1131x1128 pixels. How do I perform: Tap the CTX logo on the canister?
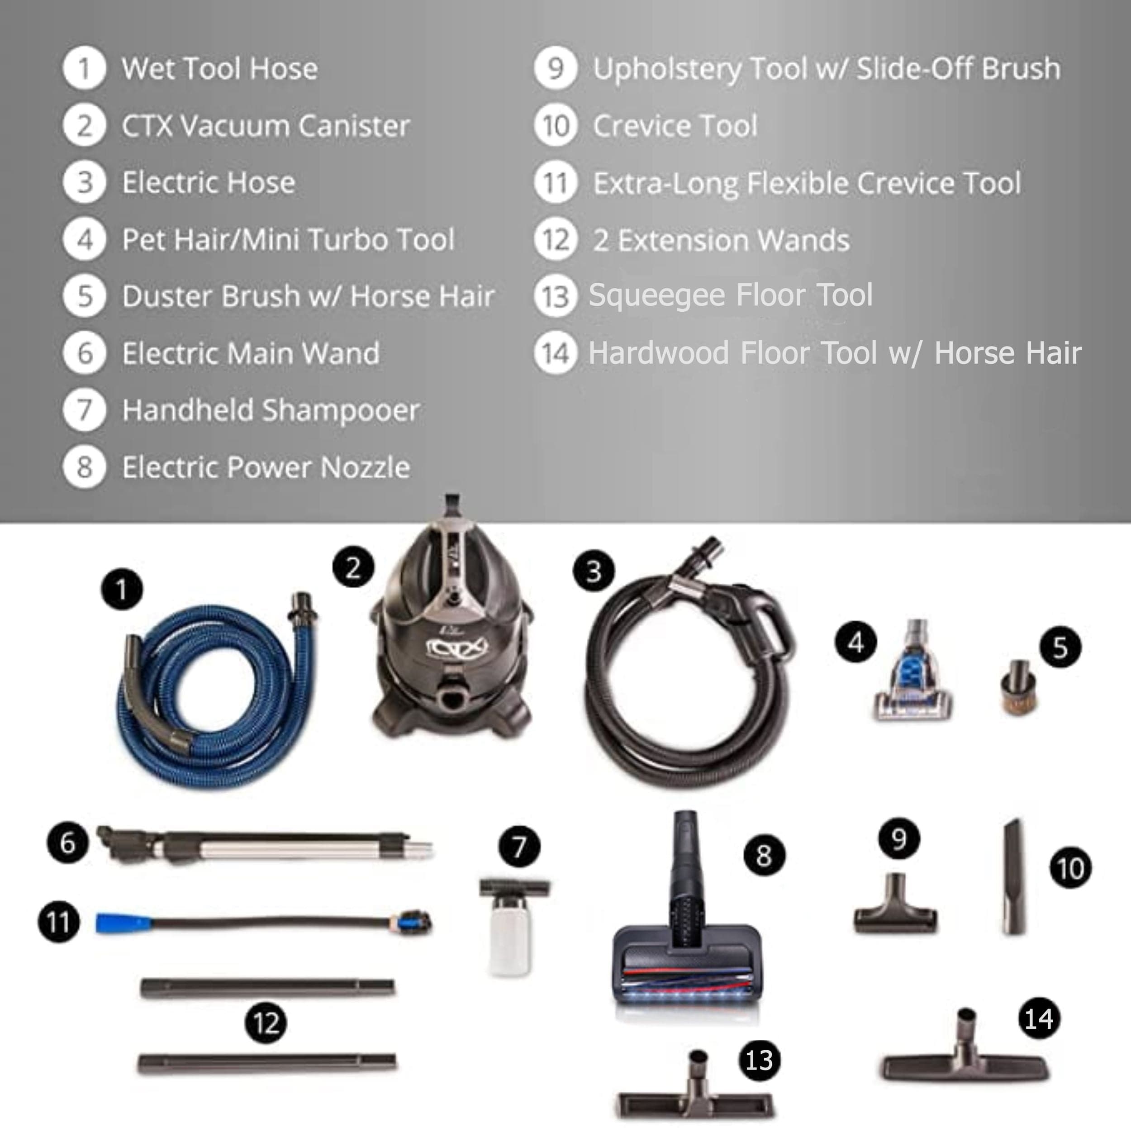point(456,648)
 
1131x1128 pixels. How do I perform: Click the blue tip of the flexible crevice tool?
point(124,923)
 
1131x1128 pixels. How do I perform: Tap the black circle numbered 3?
point(594,571)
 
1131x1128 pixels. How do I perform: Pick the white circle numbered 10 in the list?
point(556,125)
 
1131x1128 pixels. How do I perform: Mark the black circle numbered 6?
point(68,843)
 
